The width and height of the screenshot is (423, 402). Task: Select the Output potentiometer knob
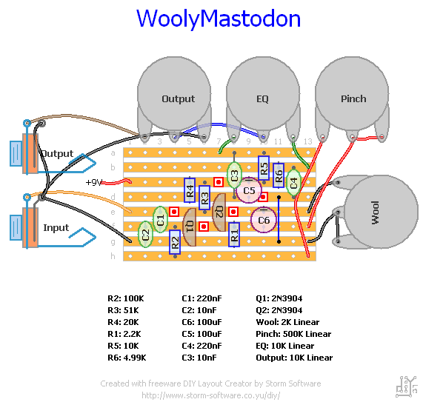point(178,98)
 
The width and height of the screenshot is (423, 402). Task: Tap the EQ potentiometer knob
point(262,98)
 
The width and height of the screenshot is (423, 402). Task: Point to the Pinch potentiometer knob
point(353,98)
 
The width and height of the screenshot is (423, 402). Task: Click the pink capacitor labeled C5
point(248,191)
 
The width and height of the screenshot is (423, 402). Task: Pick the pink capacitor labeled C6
point(264,219)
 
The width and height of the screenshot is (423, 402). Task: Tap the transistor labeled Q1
point(190,225)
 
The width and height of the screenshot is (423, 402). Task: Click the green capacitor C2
point(146,235)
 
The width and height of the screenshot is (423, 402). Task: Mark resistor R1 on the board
point(234,235)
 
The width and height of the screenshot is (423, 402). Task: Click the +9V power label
point(94,182)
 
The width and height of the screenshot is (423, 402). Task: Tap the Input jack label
point(55,228)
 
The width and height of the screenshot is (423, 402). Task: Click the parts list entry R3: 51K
point(127,310)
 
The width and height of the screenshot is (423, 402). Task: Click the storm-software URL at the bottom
point(210,395)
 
